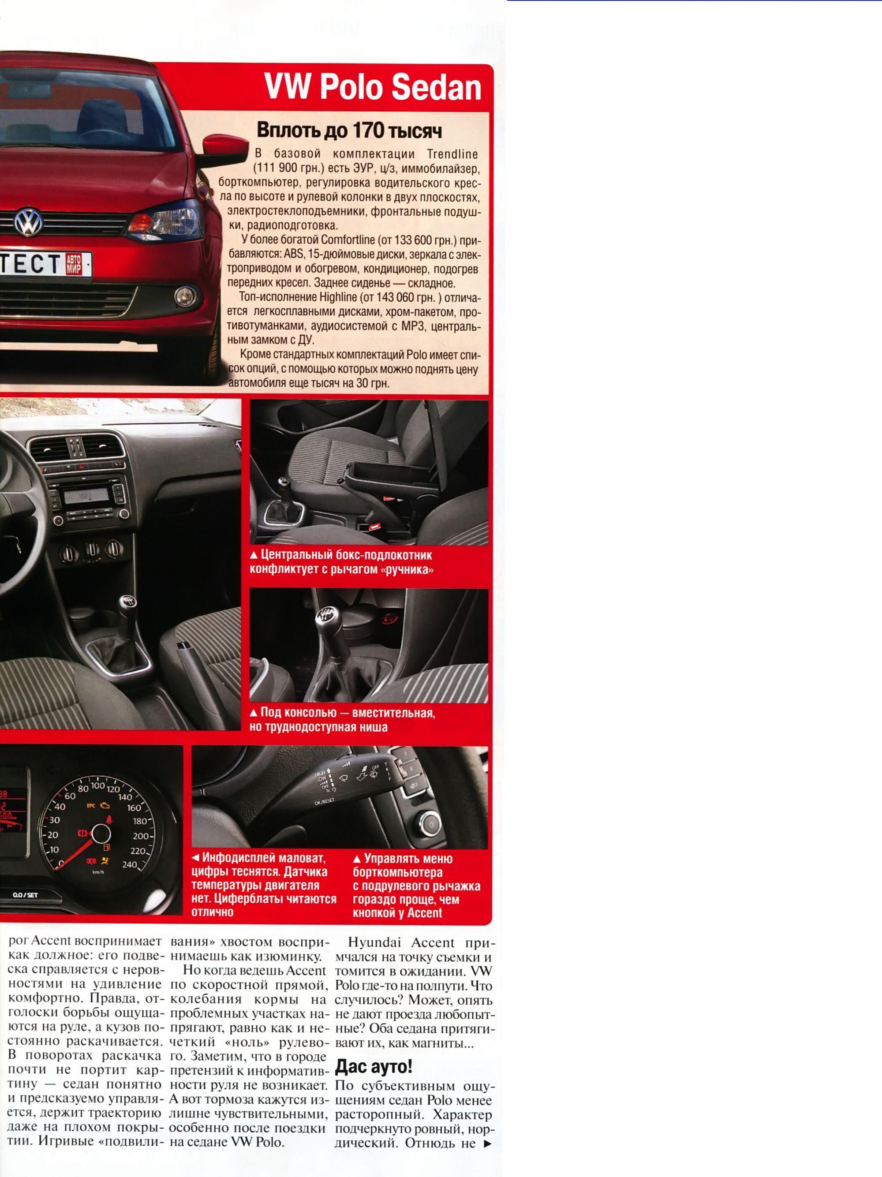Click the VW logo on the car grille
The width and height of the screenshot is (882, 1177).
(28, 221)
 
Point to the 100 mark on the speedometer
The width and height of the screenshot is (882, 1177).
(97, 785)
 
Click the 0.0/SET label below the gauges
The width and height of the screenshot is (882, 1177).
(25, 895)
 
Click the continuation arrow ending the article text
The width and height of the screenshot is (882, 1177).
(487, 1143)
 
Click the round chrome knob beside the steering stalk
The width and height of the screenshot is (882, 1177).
(428, 824)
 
